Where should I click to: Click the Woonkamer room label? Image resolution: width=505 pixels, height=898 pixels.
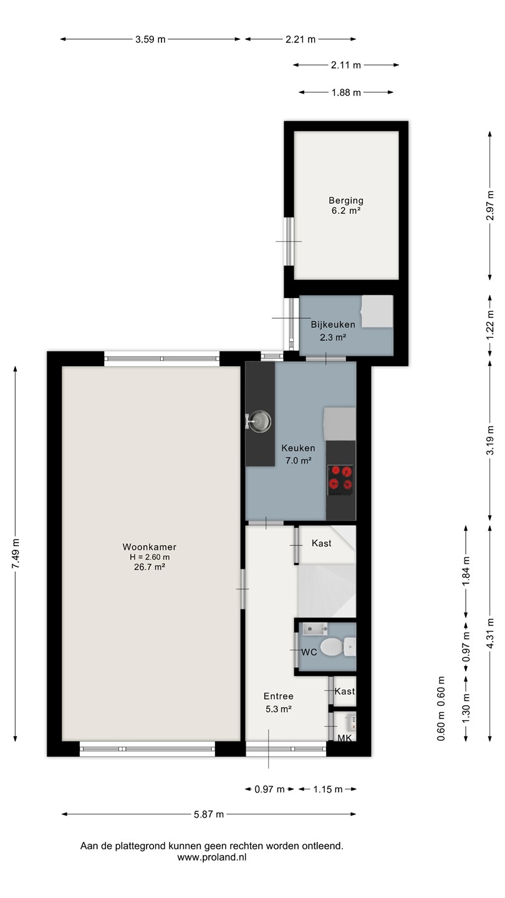(x=150, y=547)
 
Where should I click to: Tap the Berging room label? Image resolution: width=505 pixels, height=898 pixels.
(x=346, y=200)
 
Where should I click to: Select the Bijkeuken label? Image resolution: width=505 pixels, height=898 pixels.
(x=333, y=324)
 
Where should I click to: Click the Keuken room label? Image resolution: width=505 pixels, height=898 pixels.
(x=298, y=448)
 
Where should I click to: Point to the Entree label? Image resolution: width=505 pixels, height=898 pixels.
(x=279, y=697)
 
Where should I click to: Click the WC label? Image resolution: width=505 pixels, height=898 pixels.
(x=309, y=652)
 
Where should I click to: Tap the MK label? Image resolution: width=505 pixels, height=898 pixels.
(x=344, y=738)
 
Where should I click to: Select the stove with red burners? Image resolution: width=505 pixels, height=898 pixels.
(x=340, y=480)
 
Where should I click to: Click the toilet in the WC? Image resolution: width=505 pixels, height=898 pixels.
(x=338, y=647)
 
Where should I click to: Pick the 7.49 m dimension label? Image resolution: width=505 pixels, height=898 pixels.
(x=15, y=554)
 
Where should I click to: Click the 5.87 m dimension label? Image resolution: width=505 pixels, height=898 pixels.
(x=209, y=814)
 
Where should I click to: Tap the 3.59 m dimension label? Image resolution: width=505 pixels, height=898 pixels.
(x=150, y=39)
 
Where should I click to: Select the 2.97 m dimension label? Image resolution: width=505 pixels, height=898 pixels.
(x=490, y=205)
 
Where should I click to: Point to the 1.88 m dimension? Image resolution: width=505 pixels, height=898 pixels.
(x=346, y=92)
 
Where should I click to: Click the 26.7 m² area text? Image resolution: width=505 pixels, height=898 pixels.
(x=150, y=567)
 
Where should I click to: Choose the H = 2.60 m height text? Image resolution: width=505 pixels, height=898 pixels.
(x=150, y=557)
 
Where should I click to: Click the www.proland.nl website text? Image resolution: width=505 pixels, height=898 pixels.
(x=212, y=857)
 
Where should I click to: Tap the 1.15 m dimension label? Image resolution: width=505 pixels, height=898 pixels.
(x=328, y=789)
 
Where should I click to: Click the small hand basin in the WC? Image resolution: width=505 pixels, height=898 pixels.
(x=315, y=629)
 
